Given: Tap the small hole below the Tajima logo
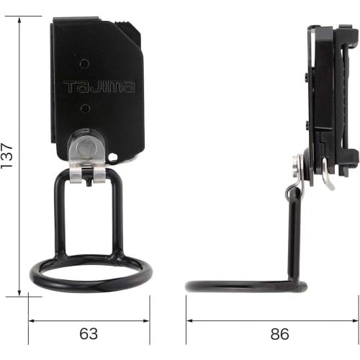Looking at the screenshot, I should click(x=86, y=108).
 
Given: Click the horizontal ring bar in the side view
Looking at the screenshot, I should click(x=245, y=286).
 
